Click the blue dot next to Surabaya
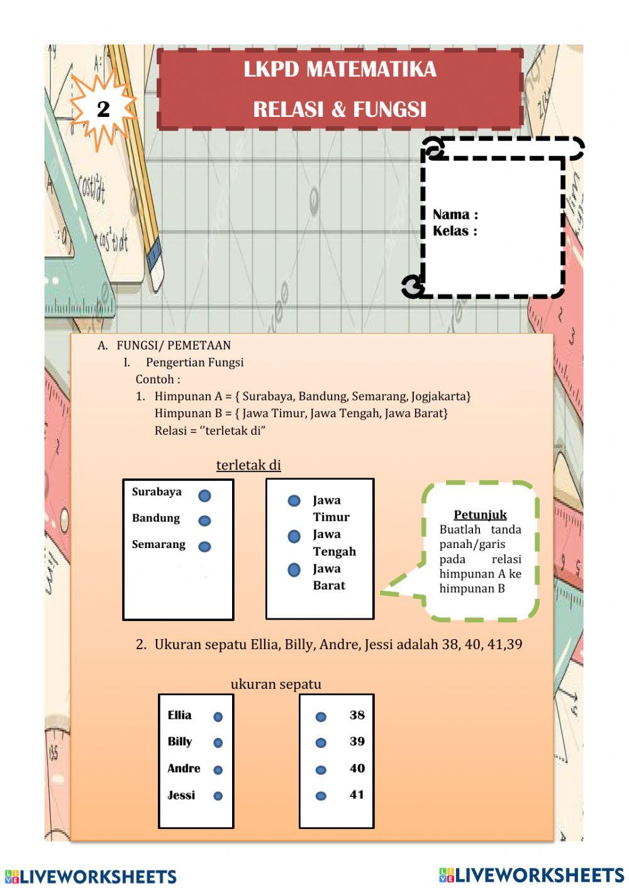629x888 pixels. click(204, 496)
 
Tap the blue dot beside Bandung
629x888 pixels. click(204, 521)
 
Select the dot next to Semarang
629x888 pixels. click(204, 547)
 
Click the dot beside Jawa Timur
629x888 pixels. click(294, 501)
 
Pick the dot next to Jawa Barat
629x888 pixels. click(294, 570)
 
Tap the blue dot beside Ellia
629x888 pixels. click(218, 716)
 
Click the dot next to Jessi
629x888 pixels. click(218, 796)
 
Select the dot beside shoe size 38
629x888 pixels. click(321, 716)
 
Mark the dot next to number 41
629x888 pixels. click(321, 796)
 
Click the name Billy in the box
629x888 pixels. click(180, 742)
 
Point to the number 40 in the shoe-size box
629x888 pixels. click(357, 768)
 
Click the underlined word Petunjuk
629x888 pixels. click(480, 515)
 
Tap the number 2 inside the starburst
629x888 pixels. click(103, 109)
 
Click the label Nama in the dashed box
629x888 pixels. click(455, 214)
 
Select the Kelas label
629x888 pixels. click(455, 231)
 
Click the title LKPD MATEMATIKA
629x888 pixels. click(340, 69)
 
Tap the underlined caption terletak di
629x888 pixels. click(248, 465)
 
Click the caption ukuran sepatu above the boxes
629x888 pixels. click(276, 684)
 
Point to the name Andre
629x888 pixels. click(184, 769)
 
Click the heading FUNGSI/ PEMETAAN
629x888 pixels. click(174, 345)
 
